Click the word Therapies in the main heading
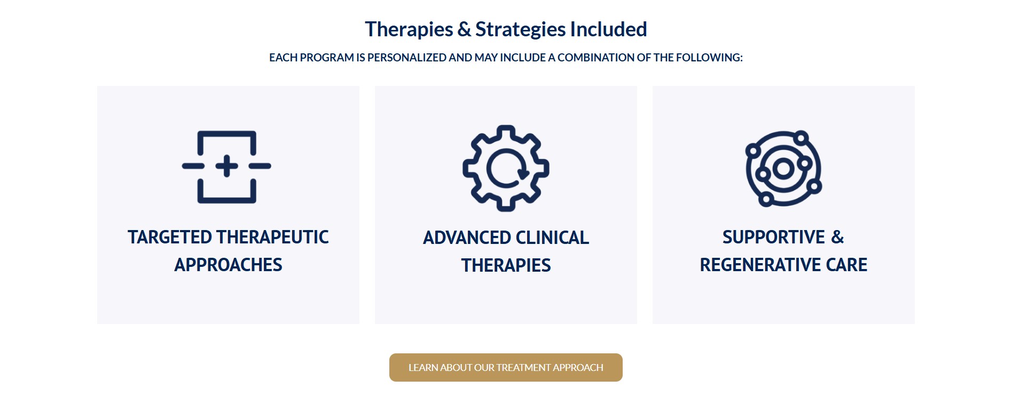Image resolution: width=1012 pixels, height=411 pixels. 409,29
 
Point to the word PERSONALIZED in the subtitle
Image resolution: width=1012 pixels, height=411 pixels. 407,58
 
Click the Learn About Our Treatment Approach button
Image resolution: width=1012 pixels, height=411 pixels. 506,368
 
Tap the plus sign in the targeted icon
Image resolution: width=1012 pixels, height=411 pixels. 227,166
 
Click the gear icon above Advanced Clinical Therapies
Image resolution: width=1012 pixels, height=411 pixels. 506,169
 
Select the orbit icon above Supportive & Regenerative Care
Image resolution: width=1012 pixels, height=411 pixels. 783,169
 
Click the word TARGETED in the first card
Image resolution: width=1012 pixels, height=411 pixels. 170,238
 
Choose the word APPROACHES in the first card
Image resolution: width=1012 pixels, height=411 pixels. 228,265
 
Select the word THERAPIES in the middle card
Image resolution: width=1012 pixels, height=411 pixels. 506,266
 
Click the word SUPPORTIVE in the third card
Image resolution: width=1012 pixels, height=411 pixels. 774,238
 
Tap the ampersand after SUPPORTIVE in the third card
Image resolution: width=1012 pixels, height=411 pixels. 837,238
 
